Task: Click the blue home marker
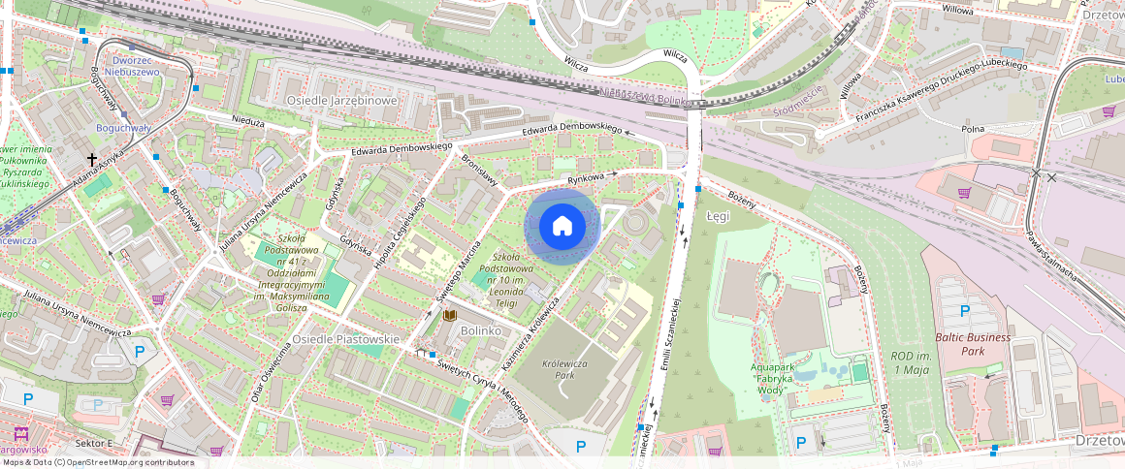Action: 562,227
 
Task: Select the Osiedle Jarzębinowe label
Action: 341,100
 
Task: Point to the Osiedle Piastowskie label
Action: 346,339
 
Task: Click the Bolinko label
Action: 481,330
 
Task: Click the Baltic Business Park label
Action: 973,344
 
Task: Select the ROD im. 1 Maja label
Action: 910,363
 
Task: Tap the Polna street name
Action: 973,129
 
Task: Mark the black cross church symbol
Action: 93,159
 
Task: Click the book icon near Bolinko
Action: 449,316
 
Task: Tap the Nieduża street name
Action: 249,123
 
